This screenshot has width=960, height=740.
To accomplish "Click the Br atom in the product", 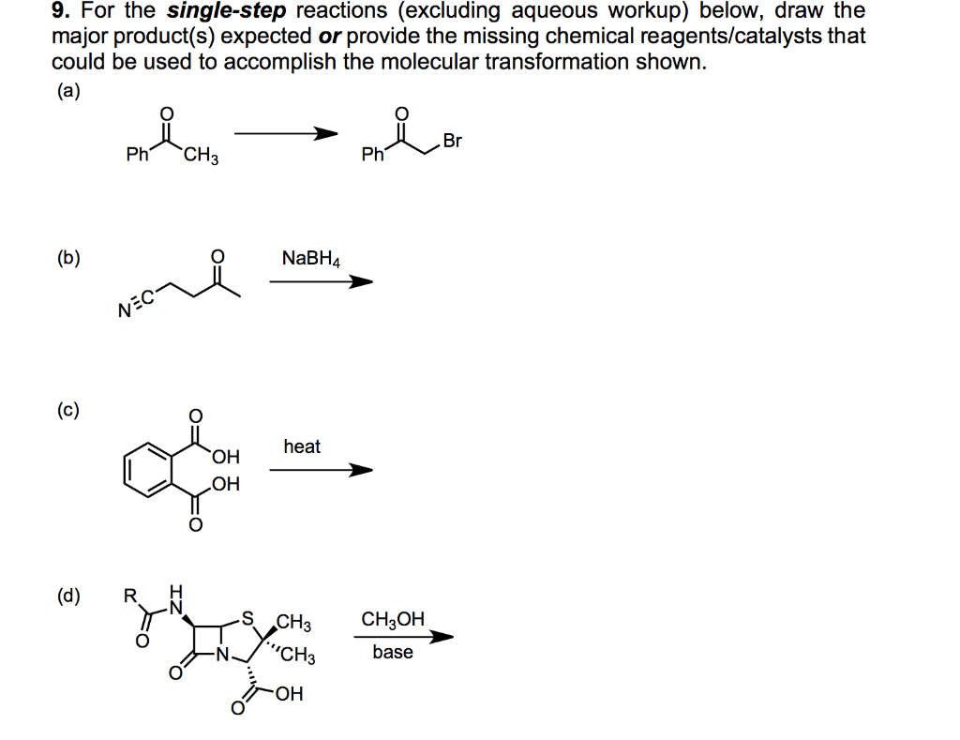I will tap(453, 142).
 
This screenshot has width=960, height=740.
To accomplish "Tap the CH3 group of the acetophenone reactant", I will tap(202, 157).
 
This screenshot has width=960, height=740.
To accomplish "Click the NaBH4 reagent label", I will tap(311, 258).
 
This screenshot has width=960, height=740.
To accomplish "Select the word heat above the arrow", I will tap(302, 446).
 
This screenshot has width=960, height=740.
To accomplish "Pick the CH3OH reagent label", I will tap(393, 620).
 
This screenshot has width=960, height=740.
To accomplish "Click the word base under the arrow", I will tap(392, 652).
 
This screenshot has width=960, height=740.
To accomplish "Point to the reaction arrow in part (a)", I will tap(285, 134).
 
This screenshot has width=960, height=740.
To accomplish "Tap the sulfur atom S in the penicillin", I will tap(247, 617).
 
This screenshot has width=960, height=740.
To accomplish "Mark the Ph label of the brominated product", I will tap(372, 156).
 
